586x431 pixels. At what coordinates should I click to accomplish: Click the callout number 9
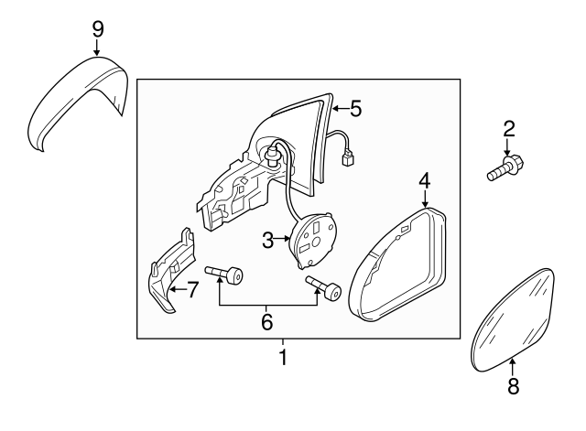98,27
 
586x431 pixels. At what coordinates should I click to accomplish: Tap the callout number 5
355,109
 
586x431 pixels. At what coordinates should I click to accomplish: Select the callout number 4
424,180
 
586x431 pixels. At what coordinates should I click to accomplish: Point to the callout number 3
267,241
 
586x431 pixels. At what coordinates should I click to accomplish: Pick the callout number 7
192,291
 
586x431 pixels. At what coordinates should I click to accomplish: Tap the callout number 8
512,386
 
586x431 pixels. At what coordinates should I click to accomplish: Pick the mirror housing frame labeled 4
399,266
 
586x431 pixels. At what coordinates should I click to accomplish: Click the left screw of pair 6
225,273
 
